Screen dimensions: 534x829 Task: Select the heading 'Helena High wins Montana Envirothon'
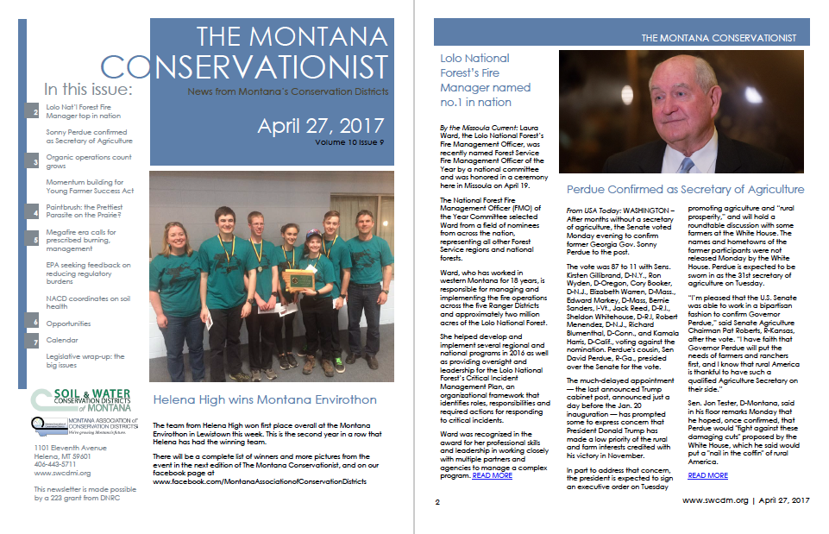[x=265, y=399]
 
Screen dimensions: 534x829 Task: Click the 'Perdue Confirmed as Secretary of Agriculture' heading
[x=685, y=189]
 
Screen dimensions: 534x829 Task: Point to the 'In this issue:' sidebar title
[x=88, y=90]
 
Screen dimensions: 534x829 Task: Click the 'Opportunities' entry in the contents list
[x=68, y=324]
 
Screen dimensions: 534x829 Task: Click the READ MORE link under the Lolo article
[x=492, y=474]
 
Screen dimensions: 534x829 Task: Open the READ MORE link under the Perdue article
[x=707, y=475]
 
